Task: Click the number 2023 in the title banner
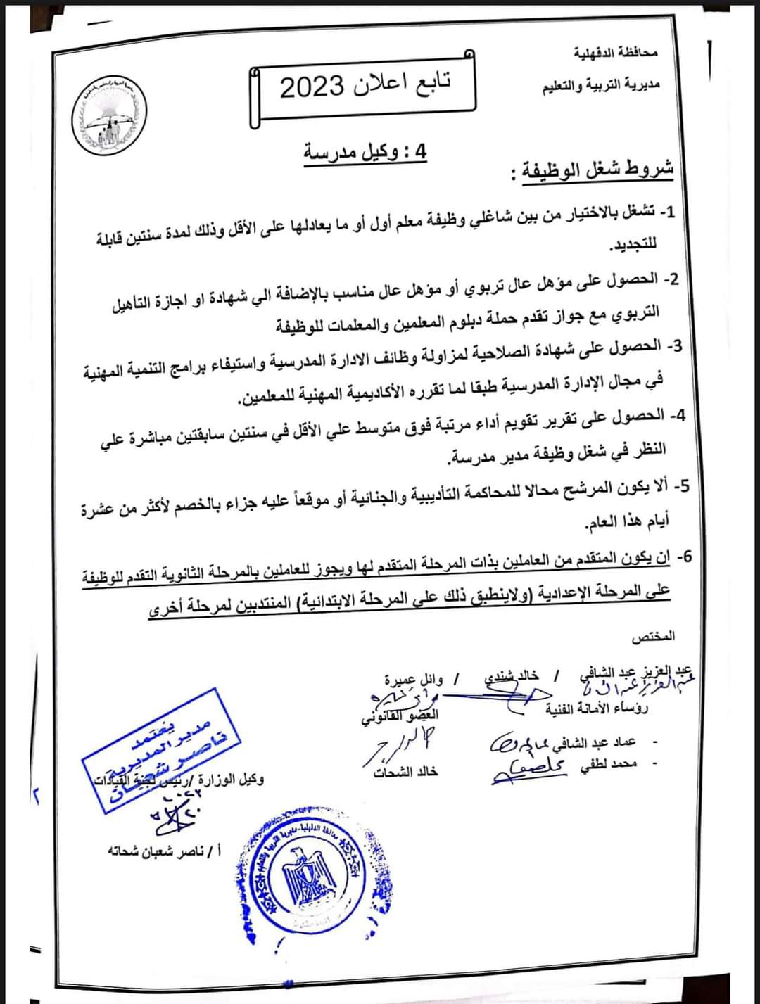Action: click(x=312, y=87)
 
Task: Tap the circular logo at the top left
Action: click(x=109, y=117)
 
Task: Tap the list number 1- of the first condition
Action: click(x=666, y=212)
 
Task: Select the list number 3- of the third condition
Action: click(x=674, y=346)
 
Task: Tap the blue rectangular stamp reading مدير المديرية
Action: click(x=162, y=750)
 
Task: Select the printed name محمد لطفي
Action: click(x=609, y=764)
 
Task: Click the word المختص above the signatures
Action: click(x=653, y=636)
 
